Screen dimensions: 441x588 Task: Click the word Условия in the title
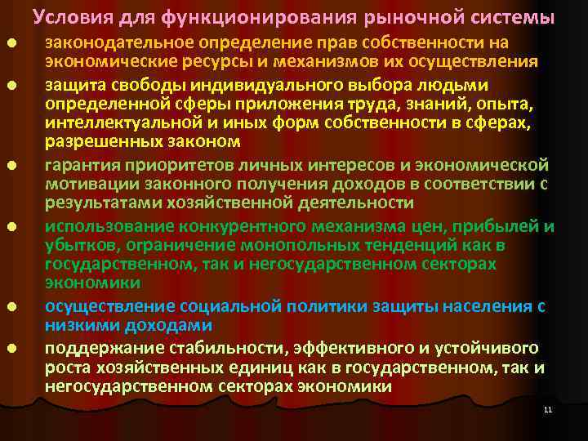[x=69, y=16]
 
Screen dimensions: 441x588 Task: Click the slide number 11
[x=547, y=409]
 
